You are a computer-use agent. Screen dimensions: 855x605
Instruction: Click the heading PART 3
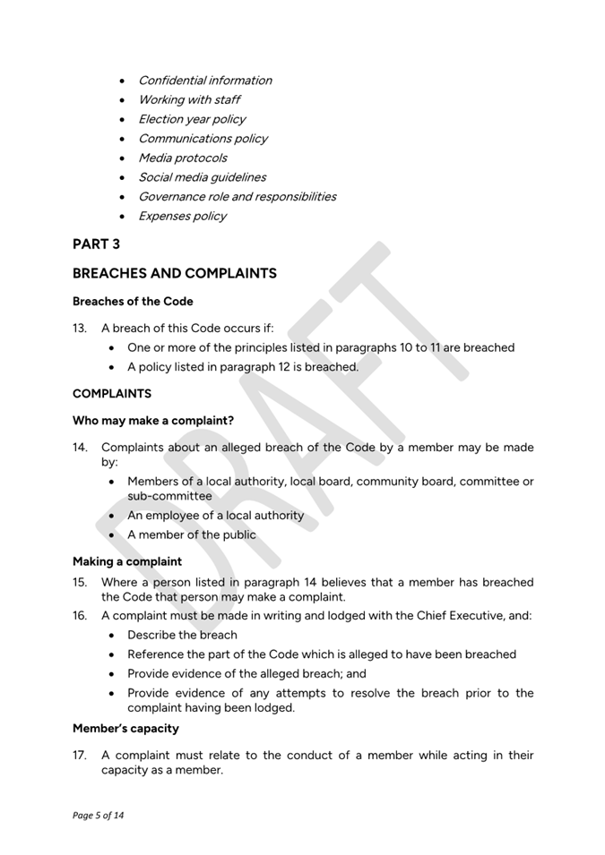[96, 244]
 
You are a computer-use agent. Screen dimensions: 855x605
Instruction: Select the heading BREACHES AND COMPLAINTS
[174, 273]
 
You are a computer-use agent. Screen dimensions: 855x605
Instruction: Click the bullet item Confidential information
[204, 81]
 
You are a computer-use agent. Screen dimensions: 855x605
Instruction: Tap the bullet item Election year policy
[191, 119]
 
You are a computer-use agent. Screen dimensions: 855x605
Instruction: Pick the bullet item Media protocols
[182, 158]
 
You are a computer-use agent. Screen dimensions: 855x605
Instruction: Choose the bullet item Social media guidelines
[202, 177]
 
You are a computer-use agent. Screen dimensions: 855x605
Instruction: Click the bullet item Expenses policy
[182, 216]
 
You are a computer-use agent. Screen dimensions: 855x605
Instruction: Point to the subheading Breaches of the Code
[132, 302]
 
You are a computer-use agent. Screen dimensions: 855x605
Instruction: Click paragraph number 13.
[79, 328]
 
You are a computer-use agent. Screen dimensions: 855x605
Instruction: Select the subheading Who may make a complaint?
[152, 420]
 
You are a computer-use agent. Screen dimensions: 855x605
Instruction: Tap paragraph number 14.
[80, 447]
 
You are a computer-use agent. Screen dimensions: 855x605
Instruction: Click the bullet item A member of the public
[191, 534]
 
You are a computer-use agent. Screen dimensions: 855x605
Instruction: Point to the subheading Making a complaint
[126, 562]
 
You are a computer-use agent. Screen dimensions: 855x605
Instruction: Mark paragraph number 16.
[80, 615]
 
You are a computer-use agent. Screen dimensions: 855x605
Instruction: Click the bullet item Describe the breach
[182, 635]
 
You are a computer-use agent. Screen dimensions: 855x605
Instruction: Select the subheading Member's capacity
[125, 728]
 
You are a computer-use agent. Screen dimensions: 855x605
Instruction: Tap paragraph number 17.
[79, 756]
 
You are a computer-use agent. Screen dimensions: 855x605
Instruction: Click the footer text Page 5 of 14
[98, 816]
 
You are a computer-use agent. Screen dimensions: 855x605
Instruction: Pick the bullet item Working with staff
[188, 99]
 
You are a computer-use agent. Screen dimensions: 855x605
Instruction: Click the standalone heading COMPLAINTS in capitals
[112, 394]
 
